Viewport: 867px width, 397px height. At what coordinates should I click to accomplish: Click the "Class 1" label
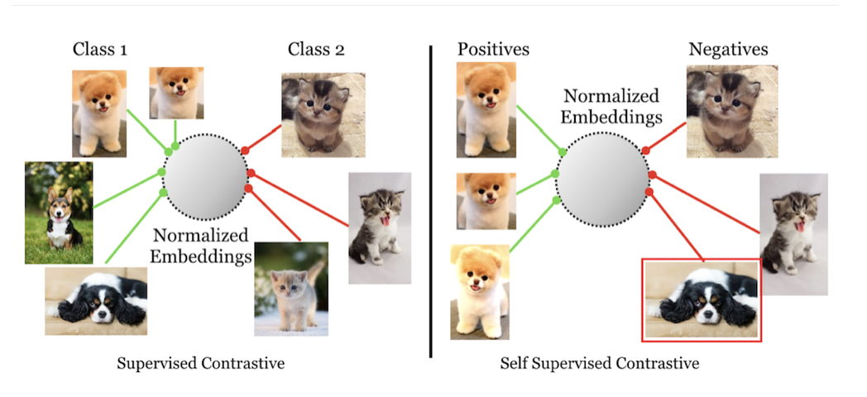(100, 50)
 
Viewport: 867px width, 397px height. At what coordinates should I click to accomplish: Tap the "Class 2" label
(316, 50)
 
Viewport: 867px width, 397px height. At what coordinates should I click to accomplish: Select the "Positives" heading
(493, 50)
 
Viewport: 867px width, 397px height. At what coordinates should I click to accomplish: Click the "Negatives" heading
(728, 50)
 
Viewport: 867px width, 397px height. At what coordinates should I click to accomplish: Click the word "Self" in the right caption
(515, 363)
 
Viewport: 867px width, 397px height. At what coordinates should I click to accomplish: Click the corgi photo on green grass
(58, 213)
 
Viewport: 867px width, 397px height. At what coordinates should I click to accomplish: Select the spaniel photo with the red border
(702, 299)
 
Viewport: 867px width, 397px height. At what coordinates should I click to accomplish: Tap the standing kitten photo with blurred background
(290, 289)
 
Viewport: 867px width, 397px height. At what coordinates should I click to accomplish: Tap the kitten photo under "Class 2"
(312, 115)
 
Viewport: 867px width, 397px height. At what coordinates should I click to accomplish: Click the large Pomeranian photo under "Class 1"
(99, 113)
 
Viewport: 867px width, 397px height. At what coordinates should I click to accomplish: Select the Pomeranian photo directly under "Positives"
(486, 112)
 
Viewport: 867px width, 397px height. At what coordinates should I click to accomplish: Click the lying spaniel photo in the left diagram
(96, 299)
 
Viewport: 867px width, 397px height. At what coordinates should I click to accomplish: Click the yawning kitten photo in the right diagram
(794, 234)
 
